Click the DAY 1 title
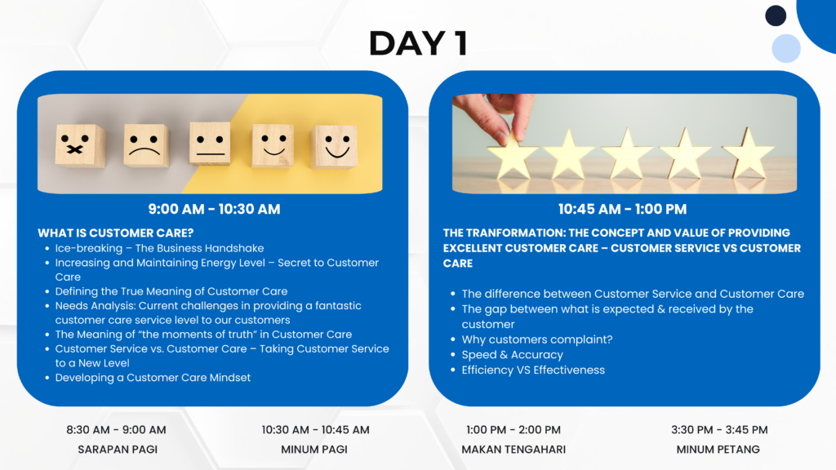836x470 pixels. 419,43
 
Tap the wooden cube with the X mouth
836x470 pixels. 80,145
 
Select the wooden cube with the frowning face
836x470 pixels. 145,145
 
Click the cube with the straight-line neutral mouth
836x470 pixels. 210,144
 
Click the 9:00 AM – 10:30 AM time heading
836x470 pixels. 215,209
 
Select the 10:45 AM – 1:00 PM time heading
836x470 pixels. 622,209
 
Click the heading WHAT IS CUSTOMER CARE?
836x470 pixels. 116,233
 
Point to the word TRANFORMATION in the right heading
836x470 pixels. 516,233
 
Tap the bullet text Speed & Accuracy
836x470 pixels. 513,355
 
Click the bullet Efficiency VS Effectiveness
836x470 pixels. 533,370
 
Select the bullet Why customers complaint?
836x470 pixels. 537,339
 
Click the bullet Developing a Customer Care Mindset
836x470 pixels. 153,377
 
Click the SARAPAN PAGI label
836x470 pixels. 118,450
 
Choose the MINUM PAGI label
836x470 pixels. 314,450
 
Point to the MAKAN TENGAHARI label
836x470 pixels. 514,450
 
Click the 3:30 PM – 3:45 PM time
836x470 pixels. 719,429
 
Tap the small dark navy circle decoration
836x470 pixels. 776,16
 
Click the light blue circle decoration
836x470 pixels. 786,48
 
